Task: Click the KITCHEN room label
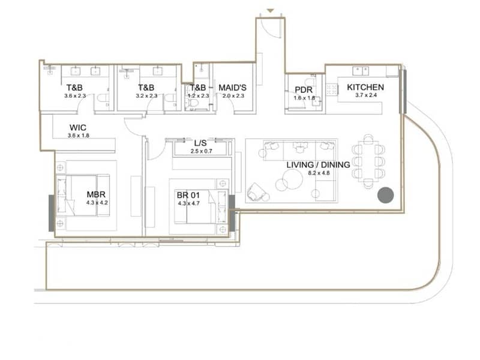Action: pyautogui.click(x=365, y=87)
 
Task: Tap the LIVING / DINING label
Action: pyautogui.click(x=318, y=164)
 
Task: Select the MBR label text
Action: pyautogui.click(x=96, y=194)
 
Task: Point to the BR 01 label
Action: pyautogui.click(x=188, y=195)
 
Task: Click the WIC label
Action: pyautogui.click(x=78, y=127)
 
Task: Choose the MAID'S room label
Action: pyautogui.click(x=232, y=88)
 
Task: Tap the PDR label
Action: pyautogui.click(x=304, y=89)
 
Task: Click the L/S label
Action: pyautogui.click(x=200, y=143)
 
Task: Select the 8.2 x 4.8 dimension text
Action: pyautogui.click(x=319, y=173)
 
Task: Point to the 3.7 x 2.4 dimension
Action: pyautogui.click(x=366, y=95)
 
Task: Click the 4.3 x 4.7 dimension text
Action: pyautogui.click(x=188, y=203)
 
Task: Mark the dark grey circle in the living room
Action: pyautogui.click(x=385, y=195)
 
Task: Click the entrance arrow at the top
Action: pyautogui.click(x=270, y=11)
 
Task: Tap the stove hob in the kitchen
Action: pyautogui.click(x=332, y=89)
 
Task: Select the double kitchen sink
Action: pyautogui.click(x=361, y=71)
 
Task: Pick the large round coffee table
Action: pyautogui.click(x=293, y=179)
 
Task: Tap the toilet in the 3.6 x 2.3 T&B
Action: pyautogui.click(x=103, y=98)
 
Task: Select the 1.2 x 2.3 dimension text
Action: pyautogui.click(x=199, y=96)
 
